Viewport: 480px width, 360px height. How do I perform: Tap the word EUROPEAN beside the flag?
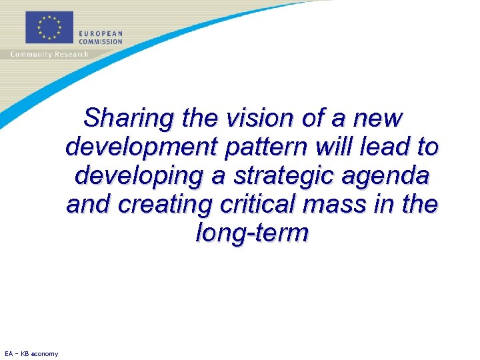click(x=100, y=34)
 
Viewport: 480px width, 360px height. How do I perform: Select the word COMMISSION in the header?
click(x=101, y=41)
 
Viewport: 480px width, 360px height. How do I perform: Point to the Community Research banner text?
click(x=49, y=54)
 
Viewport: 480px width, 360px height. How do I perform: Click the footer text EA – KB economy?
click(x=31, y=353)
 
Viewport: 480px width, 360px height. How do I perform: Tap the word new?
click(x=378, y=119)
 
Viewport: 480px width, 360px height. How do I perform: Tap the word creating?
click(x=161, y=205)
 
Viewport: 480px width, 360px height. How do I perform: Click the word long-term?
click(x=252, y=233)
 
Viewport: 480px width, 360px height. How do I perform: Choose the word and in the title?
click(x=89, y=205)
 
